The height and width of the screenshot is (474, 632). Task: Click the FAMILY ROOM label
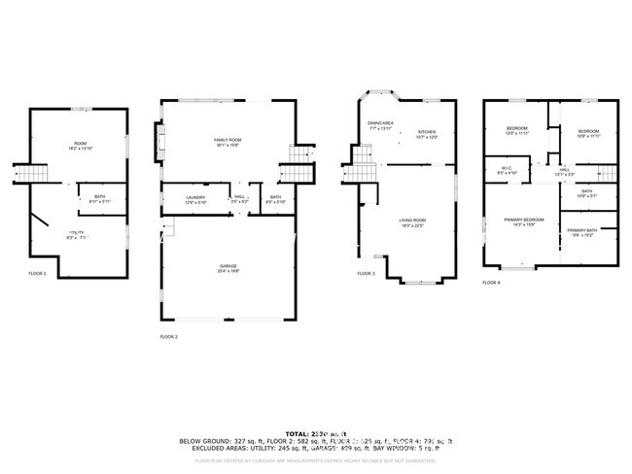coord(227,141)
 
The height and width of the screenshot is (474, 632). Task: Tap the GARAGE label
coord(228,266)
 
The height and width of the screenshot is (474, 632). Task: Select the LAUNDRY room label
coord(196,198)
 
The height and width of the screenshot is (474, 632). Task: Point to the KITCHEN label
coord(428,132)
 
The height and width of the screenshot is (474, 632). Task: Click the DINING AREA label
coord(380,123)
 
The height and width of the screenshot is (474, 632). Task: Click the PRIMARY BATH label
coord(583,230)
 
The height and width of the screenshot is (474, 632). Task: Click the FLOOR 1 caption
coord(37,275)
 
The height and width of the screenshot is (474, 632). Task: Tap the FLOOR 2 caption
coord(169,337)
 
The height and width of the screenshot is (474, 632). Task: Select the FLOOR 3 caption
coord(366,275)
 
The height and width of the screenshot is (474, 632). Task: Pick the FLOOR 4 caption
coord(492,283)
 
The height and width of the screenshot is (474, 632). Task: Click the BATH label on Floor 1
coord(100,198)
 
